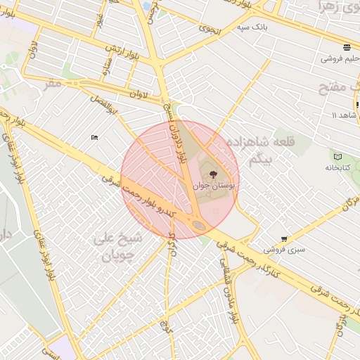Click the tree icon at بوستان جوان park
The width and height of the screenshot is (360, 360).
213,173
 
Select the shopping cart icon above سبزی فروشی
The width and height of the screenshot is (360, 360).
283,239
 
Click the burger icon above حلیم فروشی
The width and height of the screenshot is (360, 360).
347,48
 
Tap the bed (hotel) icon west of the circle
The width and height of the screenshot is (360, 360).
94,137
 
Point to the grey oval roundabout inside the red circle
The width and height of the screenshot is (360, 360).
199,225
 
